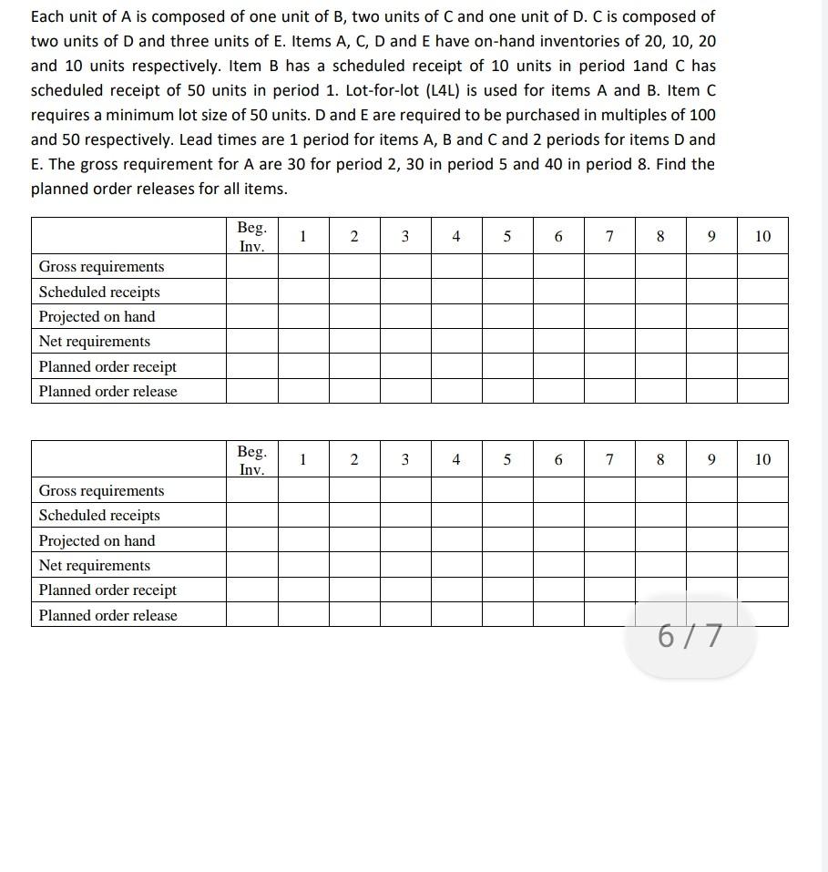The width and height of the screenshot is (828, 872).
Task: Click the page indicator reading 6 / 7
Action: click(690, 636)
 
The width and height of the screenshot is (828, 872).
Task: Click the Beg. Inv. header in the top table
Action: click(251, 236)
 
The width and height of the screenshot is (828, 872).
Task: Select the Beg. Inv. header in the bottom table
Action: click(251, 460)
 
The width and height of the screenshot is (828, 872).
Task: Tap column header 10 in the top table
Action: click(762, 236)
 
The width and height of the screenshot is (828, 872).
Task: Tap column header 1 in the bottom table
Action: click(302, 460)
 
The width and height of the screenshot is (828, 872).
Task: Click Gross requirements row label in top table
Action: click(101, 266)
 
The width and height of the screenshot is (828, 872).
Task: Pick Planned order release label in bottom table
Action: click(107, 615)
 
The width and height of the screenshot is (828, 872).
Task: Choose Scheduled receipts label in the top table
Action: click(99, 292)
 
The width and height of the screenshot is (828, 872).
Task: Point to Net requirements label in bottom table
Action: click(94, 565)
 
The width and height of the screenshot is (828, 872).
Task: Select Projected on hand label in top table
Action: click(97, 316)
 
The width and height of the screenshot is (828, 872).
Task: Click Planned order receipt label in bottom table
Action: click(107, 590)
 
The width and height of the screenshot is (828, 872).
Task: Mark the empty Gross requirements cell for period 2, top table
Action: click(354, 266)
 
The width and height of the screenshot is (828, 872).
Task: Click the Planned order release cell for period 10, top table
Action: click(762, 391)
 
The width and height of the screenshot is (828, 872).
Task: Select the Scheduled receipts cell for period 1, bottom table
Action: click(302, 515)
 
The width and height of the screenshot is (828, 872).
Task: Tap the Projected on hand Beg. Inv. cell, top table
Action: click(251, 316)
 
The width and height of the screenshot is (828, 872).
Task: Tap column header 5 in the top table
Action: click(507, 236)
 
